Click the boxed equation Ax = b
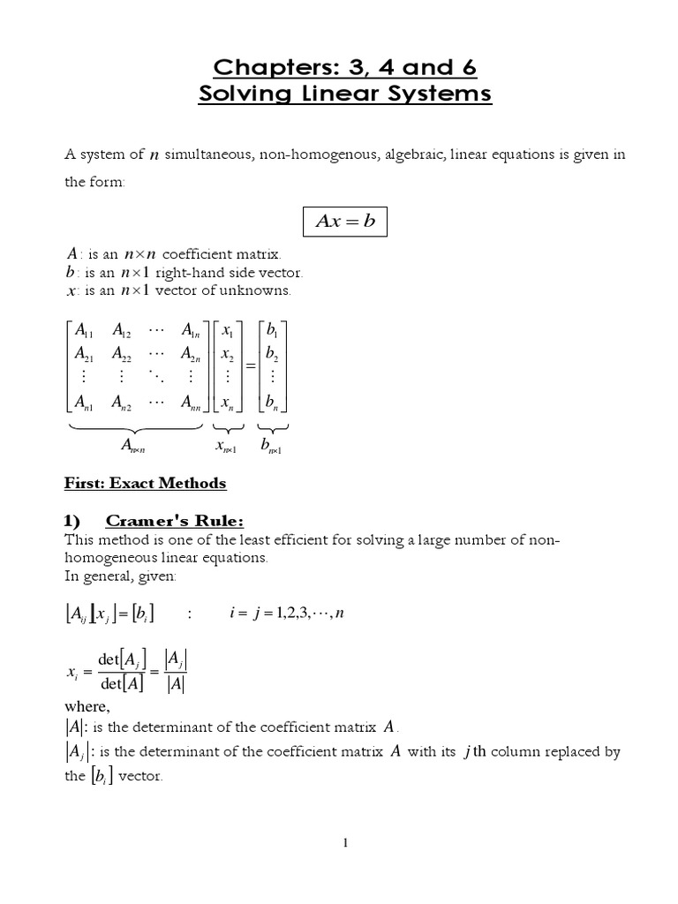(x=345, y=221)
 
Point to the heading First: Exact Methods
(x=146, y=483)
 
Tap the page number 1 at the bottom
(x=346, y=843)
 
